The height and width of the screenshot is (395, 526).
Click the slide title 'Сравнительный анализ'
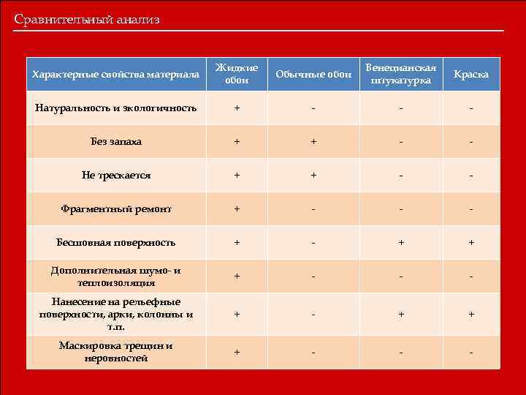(86, 20)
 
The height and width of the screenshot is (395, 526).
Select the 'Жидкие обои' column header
(236, 74)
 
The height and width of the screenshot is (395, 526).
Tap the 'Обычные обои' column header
(313, 75)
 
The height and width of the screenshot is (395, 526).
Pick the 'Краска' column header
(471, 75)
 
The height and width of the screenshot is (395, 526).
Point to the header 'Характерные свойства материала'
(116, 75)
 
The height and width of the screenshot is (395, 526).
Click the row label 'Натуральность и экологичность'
(116, 108)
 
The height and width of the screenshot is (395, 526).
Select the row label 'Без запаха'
(116, 141)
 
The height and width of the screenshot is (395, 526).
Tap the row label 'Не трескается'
(116, 176)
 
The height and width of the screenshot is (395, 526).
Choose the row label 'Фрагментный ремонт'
(116, 209)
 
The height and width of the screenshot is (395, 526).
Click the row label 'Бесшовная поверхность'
(116, 242)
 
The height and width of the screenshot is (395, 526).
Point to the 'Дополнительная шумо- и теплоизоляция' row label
(116, 276)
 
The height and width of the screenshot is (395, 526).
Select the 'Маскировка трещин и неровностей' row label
(116, 352)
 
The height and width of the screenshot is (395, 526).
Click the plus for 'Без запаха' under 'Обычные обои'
(313, 142)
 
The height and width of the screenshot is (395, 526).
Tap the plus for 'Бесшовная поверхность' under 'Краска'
(471, 243)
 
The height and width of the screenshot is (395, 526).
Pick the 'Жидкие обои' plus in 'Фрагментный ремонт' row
(236, 209)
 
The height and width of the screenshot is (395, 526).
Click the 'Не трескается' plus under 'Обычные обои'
(313, 176)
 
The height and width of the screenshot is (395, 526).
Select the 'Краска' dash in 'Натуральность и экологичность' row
(471, 109)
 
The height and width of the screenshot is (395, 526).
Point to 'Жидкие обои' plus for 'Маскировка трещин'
(236, 352)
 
